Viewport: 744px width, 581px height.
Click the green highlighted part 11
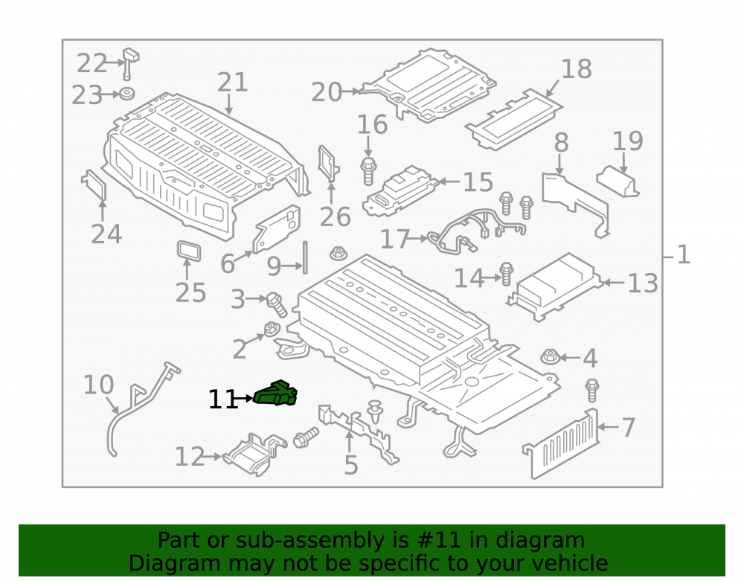[276, 394]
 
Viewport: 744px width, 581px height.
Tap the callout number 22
[92, 63]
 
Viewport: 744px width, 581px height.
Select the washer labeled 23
[126, 93]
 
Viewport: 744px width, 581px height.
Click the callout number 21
[232, 82]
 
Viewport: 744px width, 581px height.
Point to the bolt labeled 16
[369, 171]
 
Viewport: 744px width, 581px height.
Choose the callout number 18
[577, 69]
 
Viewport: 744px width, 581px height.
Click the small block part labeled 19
[618, 181]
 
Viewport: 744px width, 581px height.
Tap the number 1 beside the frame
[683, 254]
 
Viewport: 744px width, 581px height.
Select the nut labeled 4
[550, 356]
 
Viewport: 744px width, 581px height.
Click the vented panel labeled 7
[561, 444]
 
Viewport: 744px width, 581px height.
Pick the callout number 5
[350, 465]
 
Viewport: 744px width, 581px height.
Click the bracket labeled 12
[254, 454]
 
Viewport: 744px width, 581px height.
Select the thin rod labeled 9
[304, 257]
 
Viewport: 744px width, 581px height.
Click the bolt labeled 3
[276, 304]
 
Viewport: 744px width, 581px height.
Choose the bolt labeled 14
[506, 274]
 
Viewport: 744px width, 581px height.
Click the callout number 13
[643, 283]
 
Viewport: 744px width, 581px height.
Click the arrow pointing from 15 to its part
[449, 182]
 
